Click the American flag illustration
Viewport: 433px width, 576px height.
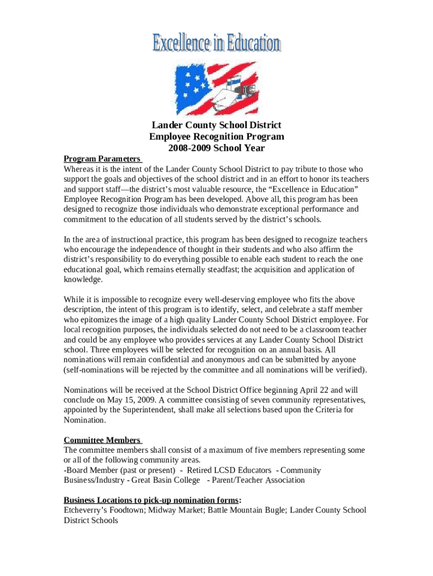click(216, 88)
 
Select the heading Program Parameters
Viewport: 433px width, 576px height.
click(101, 159)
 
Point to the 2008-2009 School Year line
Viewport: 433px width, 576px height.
click(216, 148)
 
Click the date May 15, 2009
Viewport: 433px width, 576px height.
click(128, 400)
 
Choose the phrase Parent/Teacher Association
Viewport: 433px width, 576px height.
click(258, 480)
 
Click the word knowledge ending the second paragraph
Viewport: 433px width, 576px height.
click(83, 280)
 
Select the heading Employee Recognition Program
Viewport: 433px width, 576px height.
click(216, 137)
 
